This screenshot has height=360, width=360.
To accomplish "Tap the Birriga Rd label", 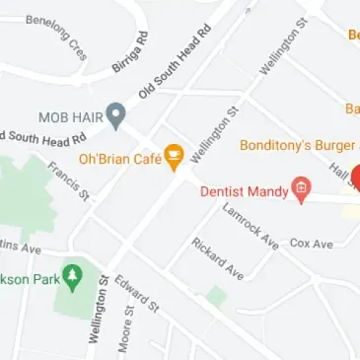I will point(130,52).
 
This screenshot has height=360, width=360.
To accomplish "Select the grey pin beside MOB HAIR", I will point(116,115).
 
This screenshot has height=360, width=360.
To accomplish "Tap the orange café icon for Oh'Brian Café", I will point(174,155).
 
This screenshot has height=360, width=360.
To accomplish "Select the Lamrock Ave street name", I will point(251,226).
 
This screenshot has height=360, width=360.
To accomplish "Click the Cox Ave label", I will point(311,243).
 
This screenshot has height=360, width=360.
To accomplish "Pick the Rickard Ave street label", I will point(217,258).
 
